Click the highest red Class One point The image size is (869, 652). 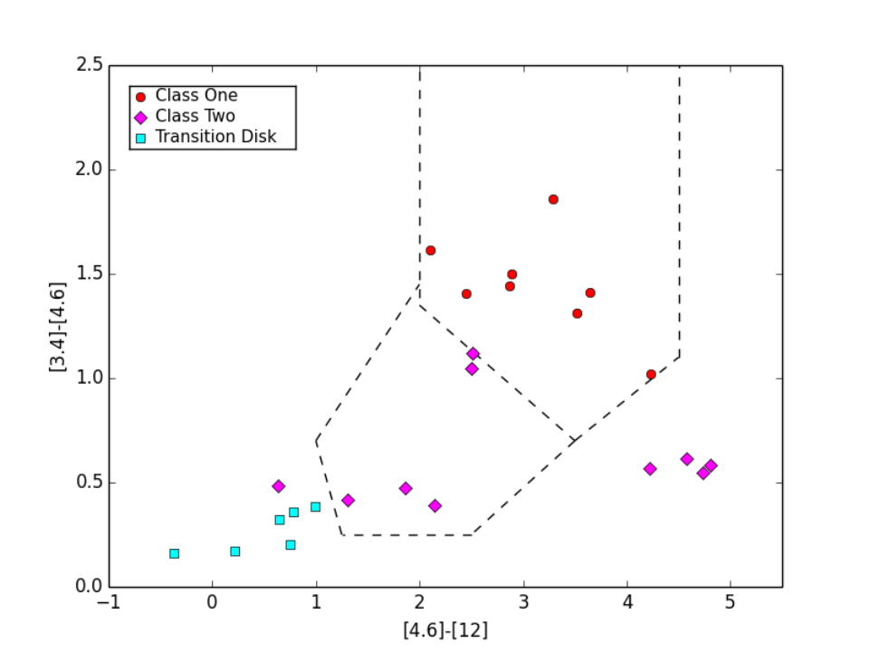click(553, 199)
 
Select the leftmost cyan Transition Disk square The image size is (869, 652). click(174, 553)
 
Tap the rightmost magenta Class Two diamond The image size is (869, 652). click(711, 465)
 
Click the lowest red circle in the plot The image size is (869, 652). click(651, 375)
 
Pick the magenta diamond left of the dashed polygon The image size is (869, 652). click(279, 486)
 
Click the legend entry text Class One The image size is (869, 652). click(196, 95)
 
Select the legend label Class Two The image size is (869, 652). click(196, 116)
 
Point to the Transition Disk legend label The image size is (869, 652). click(215, 137)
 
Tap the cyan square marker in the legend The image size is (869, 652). click(141, 138)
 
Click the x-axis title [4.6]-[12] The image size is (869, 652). click(445, 630)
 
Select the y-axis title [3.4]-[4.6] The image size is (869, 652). click(58, 327)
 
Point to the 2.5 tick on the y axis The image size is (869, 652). click(90, 65)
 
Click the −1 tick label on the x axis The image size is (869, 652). click(109, 602)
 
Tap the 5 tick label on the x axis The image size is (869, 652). click(731, 602)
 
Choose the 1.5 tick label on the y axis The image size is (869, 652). click(90, 273)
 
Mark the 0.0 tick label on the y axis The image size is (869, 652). click(90, 587)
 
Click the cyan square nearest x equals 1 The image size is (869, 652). click(315, 507)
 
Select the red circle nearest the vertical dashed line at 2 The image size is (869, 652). click(431, 251)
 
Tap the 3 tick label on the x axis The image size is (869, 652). click(523, 602)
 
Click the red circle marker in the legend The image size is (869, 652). click(141, 97)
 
